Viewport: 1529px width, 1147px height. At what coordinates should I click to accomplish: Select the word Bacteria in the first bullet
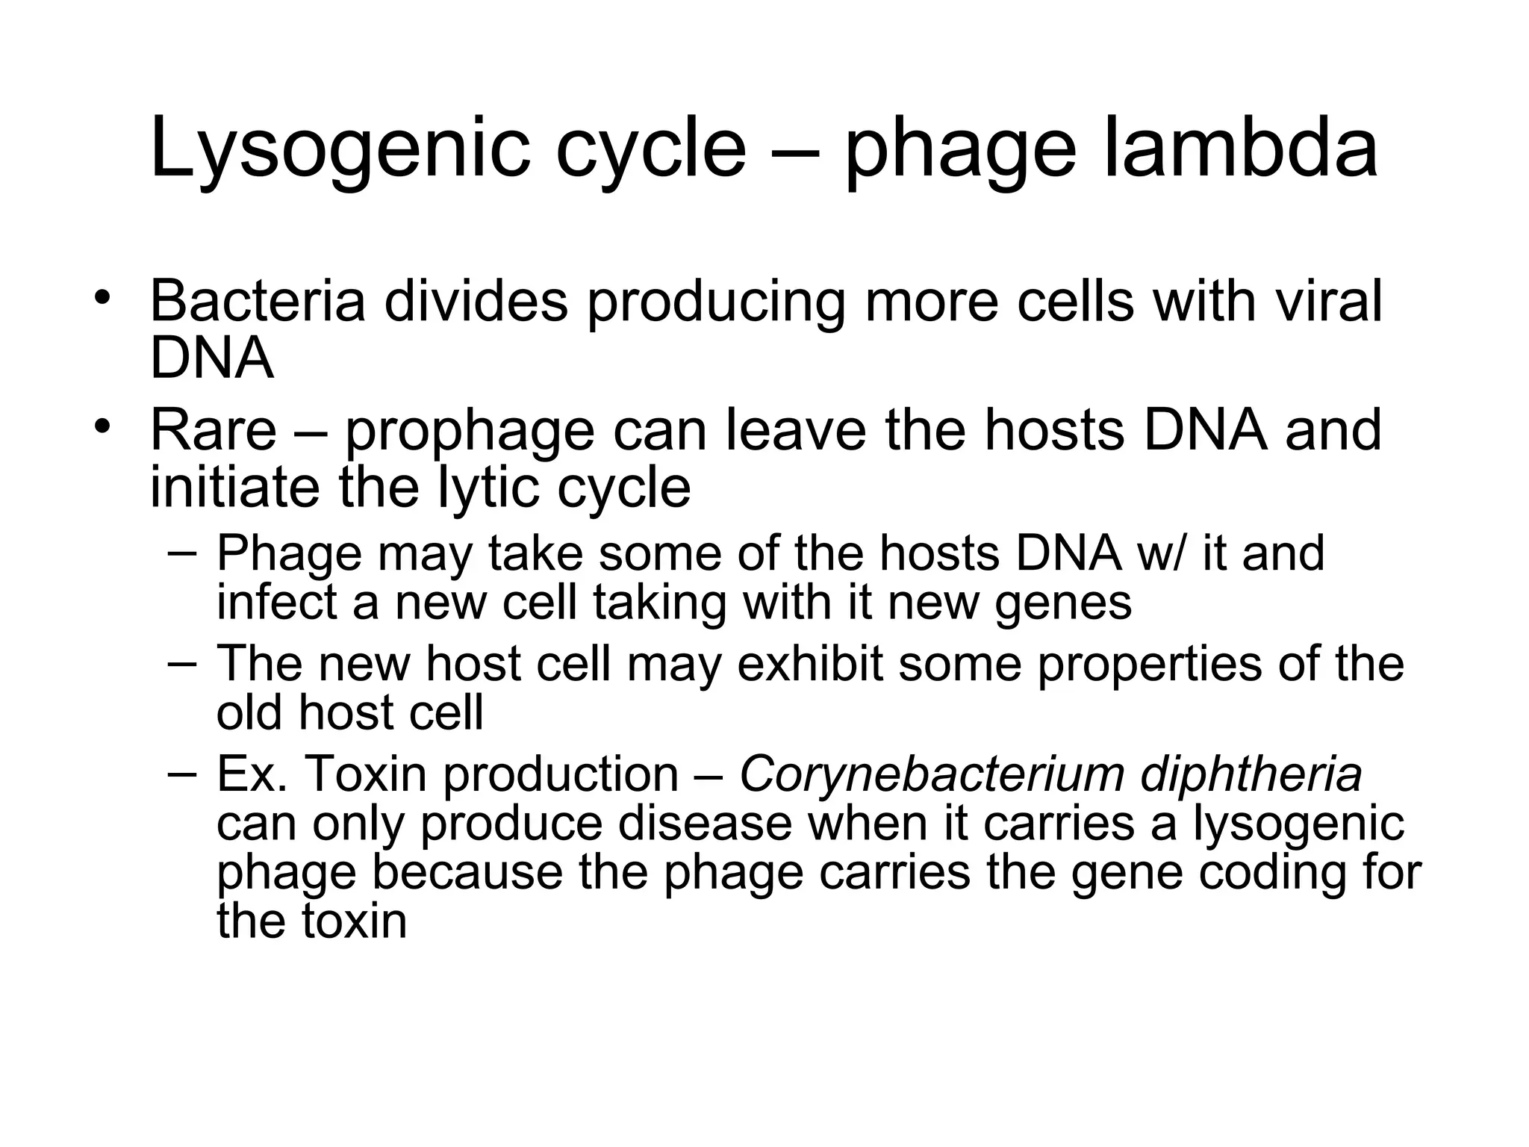click(x=258, y=301)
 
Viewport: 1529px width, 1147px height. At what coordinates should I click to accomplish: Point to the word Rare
click(x=213, y=431)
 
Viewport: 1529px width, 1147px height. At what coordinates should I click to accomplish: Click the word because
click(x=467, y=871)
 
